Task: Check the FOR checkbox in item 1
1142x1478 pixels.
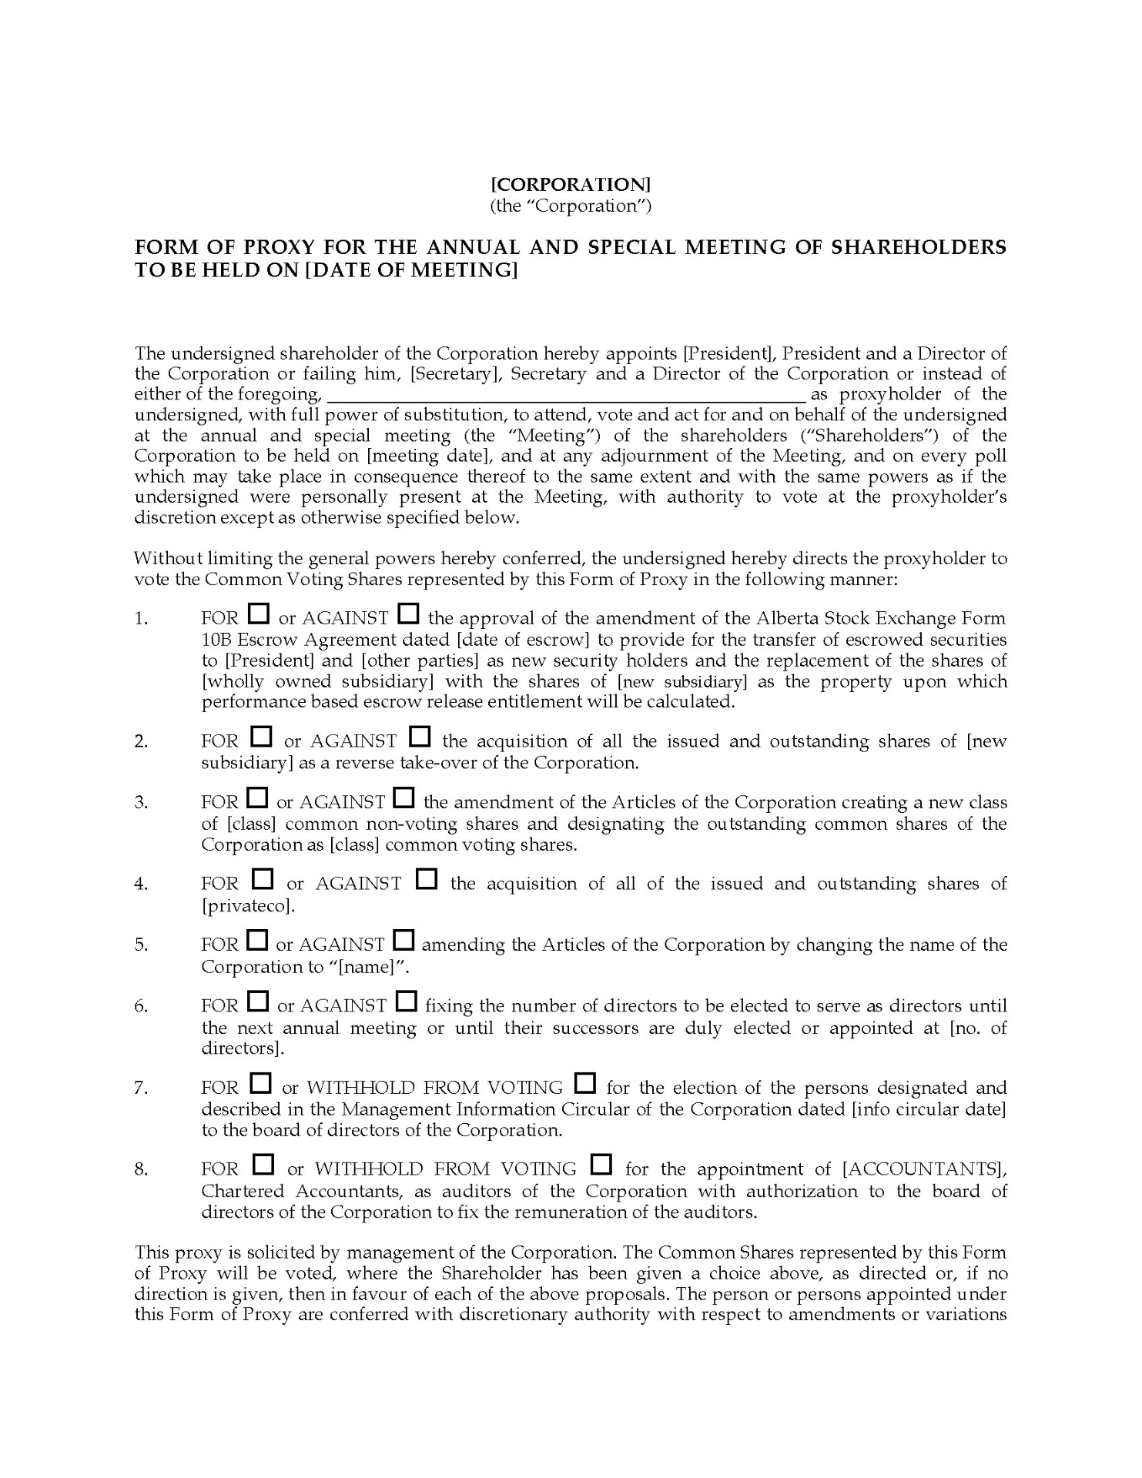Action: pos(259,614)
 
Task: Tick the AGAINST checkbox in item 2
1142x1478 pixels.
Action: pos(420,737)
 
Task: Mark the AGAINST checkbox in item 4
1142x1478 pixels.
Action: pos(427,879)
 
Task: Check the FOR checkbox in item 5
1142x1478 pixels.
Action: pos(257,941)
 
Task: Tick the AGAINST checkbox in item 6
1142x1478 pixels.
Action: pos(406,1002)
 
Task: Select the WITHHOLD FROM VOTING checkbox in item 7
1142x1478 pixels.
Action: pos(585,1084)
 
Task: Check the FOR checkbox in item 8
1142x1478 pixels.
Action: pos(263,1165)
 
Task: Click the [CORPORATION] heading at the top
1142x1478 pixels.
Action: pos(571,185)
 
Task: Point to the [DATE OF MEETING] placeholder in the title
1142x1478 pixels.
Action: pos(410,271)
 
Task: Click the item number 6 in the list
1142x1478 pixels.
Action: pos(141,1006)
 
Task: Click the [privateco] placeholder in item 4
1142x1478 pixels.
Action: pos(248,905)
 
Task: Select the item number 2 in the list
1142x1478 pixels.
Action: pos(141,741)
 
